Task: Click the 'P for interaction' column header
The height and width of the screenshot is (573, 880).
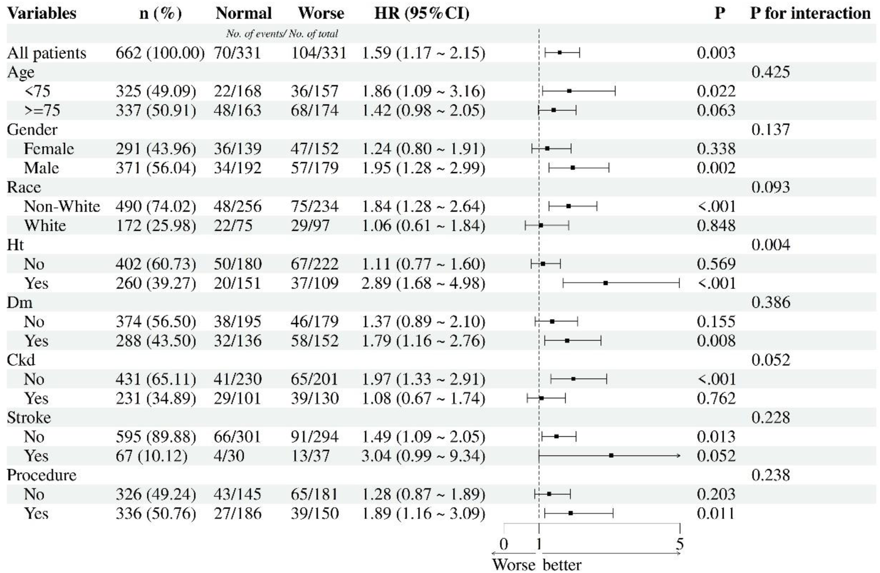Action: point(810,13)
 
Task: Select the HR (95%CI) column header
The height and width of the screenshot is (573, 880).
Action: point(422,13)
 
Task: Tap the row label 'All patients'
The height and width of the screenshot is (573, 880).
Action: point(46,53)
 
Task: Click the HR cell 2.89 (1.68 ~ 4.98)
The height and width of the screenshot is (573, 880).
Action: point(423,283)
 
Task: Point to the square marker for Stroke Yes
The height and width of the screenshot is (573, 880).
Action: point(611,455)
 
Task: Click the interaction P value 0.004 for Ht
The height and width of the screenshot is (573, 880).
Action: point(770,245)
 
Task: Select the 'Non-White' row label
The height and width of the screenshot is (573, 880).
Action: point(62,206)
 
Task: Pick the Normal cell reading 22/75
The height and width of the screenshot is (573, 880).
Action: point(233,225)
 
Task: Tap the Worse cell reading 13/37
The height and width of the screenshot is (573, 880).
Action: point(310,456)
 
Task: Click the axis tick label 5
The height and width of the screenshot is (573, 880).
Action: point(679,544)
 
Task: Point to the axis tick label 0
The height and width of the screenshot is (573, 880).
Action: point(504,544)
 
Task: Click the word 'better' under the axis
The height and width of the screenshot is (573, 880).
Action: point(562,564)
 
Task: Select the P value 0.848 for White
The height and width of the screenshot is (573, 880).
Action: point(716,225)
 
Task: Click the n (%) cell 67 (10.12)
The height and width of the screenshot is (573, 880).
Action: point(151,456)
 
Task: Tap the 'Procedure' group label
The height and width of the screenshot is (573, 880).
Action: point(42,475)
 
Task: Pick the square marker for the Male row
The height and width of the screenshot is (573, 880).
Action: point(573,168)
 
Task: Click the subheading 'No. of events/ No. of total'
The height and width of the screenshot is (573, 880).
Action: point(282,34)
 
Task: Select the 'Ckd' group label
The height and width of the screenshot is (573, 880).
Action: point(21,360)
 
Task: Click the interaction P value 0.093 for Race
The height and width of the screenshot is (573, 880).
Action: point(770,187)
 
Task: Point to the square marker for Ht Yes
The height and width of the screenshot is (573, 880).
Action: point(605,283)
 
